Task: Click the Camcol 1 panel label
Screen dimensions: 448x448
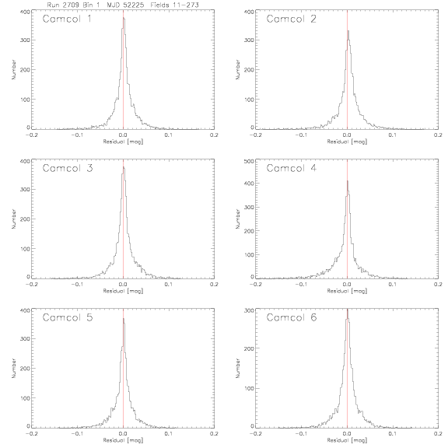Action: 67,19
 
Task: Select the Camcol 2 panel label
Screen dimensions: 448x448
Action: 291,19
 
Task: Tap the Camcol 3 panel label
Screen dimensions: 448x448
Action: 68,168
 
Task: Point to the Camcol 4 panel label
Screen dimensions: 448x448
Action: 291,168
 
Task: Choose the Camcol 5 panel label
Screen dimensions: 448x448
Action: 68,317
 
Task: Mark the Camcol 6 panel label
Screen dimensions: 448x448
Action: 292,317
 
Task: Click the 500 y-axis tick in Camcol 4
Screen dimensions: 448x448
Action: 249,162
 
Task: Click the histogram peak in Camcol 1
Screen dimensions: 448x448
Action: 124,18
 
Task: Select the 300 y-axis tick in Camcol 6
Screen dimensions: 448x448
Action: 249,310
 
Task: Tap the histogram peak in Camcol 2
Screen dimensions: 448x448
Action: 348,31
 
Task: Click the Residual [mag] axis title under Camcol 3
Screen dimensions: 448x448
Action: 123,291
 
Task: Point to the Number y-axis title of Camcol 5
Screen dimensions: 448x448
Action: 13,369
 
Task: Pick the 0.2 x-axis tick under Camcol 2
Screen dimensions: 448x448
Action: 438,135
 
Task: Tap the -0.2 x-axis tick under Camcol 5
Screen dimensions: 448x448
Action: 31,433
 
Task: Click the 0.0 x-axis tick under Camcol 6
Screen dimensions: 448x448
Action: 347,433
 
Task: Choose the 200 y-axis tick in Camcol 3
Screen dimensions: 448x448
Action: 25,219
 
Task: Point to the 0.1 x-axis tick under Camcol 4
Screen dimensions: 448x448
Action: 393,285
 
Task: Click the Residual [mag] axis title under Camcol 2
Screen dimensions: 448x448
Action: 347,142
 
